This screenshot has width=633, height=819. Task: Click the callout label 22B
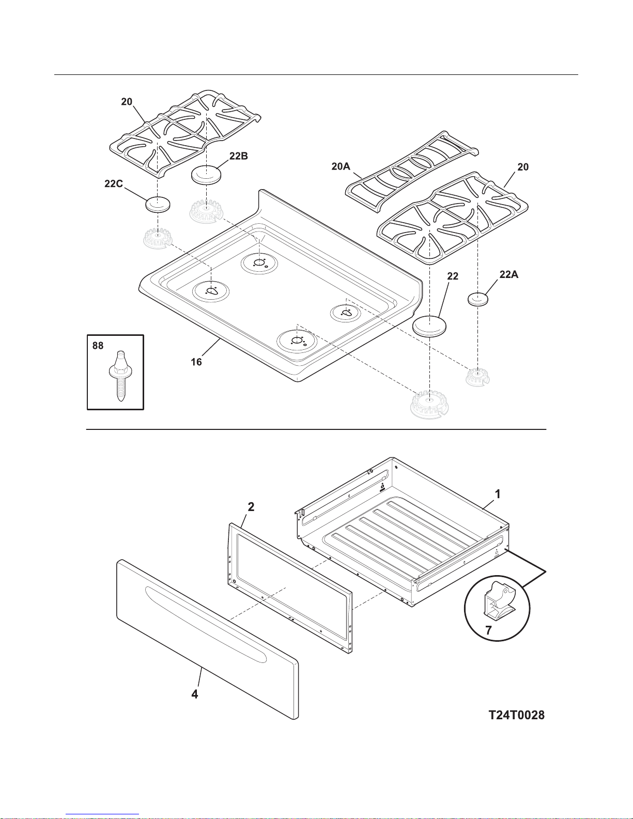click(239, 156)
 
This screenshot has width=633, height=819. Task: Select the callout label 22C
click(114, 183)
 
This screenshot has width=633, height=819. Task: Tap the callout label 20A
click(341, 166)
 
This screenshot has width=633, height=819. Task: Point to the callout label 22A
click(508, 275)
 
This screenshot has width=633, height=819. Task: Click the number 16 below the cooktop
click(196, 362)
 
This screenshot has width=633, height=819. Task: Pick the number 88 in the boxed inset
click(98, 346)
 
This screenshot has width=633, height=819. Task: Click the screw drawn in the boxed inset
click(120, 376)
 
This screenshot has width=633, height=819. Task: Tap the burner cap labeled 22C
click(158, 204)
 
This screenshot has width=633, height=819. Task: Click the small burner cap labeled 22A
click(478, 299)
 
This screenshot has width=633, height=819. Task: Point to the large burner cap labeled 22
click(429, 326)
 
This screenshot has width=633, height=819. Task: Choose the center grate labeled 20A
click(412, 169)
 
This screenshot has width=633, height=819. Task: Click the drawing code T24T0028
click(516, 715)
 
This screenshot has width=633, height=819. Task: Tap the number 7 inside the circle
click(488, 630)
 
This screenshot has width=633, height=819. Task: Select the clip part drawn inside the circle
click(498, 602)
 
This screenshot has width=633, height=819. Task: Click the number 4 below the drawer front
click(194, 694)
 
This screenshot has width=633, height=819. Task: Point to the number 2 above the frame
click(251, 507)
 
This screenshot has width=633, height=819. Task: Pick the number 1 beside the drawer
click(497, 494)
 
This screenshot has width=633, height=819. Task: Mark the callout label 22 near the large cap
click(453, 276)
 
